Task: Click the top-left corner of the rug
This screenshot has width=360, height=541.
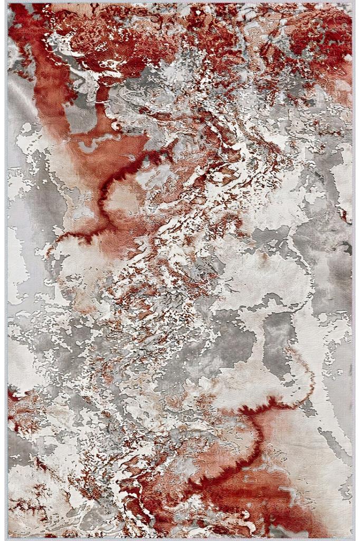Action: pyautogui.click(x=7, y=4)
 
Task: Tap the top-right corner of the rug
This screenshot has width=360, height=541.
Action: pyautogui.click(x=352, y=4)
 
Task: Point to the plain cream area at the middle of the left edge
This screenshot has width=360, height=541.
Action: pyautogui.click(x=18, y=264)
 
